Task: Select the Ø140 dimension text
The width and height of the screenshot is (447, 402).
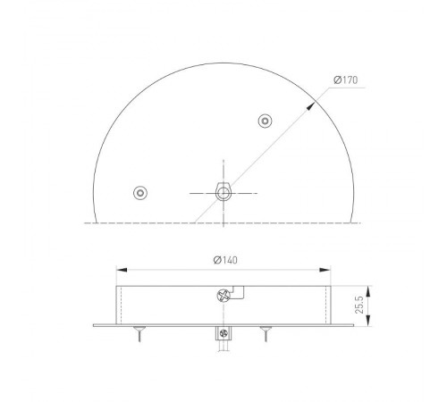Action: (x=225, y=260)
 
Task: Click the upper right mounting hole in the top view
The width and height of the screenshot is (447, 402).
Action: (x=265, y=121)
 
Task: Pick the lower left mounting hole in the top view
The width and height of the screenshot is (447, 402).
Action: (x=139, y=192)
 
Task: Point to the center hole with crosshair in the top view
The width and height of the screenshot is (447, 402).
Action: (x=223, y=191)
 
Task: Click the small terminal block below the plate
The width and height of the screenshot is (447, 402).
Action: (x=223, y=336)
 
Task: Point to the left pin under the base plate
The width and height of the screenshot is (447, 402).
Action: (x=139, y=334)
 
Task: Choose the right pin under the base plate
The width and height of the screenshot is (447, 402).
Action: (x=265, y=334)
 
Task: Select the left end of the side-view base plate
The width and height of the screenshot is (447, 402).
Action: (x=96, y=325)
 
